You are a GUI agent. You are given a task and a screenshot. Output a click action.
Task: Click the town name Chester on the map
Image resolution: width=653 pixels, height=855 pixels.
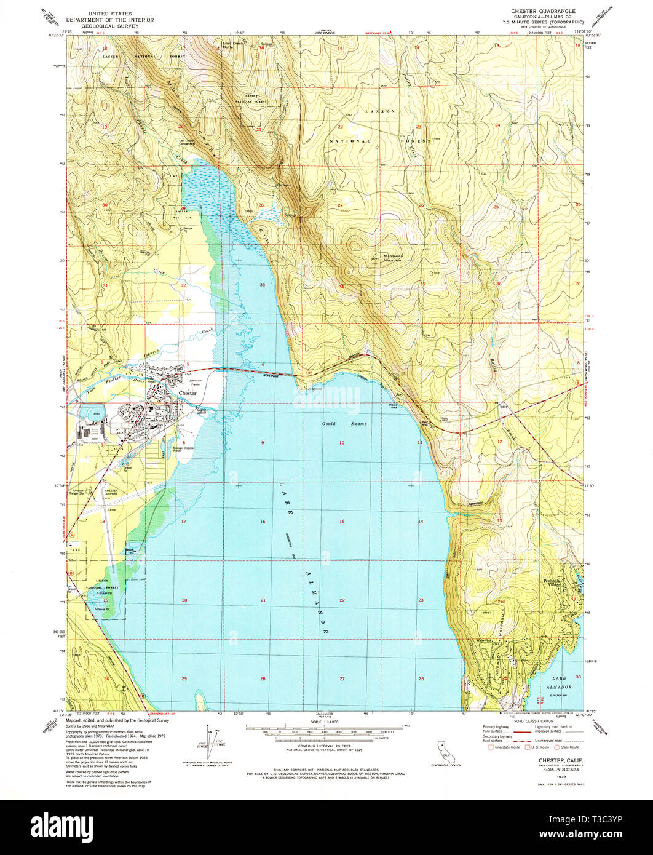(187, 392)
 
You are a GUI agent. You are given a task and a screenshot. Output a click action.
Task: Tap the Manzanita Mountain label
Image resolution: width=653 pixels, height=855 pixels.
(384, 258)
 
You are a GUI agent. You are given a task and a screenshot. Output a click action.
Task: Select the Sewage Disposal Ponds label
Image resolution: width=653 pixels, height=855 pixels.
(183, 450)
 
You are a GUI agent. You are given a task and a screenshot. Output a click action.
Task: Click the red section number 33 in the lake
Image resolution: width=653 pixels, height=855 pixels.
(263, 285)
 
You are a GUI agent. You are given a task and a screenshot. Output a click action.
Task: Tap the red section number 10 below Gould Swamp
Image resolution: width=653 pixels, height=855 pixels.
(341, 443)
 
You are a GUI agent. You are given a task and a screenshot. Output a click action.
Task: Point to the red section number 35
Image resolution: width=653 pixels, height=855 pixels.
(422, 284)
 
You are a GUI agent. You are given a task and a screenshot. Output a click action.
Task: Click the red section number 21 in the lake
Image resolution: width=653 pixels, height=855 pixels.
(263, 600)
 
